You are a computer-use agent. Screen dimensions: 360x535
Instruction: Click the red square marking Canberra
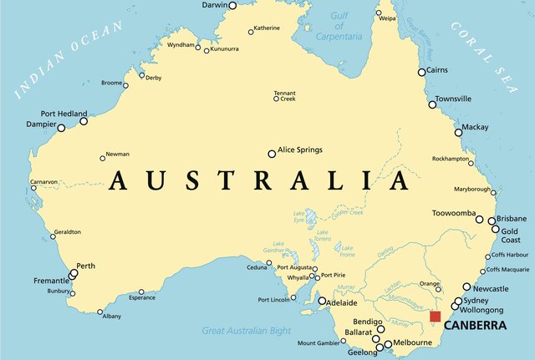[435, 316]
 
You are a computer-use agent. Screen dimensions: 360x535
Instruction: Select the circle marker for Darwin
[232, 5]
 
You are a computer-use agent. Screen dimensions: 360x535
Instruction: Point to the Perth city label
[86, 266]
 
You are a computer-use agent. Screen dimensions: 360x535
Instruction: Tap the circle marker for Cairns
[422, 73]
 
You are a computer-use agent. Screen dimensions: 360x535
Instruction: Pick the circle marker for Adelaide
[322, 301]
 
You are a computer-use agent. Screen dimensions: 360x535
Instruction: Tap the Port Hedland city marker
[84, 121]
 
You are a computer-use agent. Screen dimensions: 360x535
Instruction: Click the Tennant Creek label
[285, 96]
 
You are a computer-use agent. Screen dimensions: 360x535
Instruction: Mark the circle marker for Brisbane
[492, 221]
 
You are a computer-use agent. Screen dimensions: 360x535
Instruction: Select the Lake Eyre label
[299, 217]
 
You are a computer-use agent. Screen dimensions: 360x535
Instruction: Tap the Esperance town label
[141, 297]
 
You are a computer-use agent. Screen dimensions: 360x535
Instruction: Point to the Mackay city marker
[458, 132]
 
